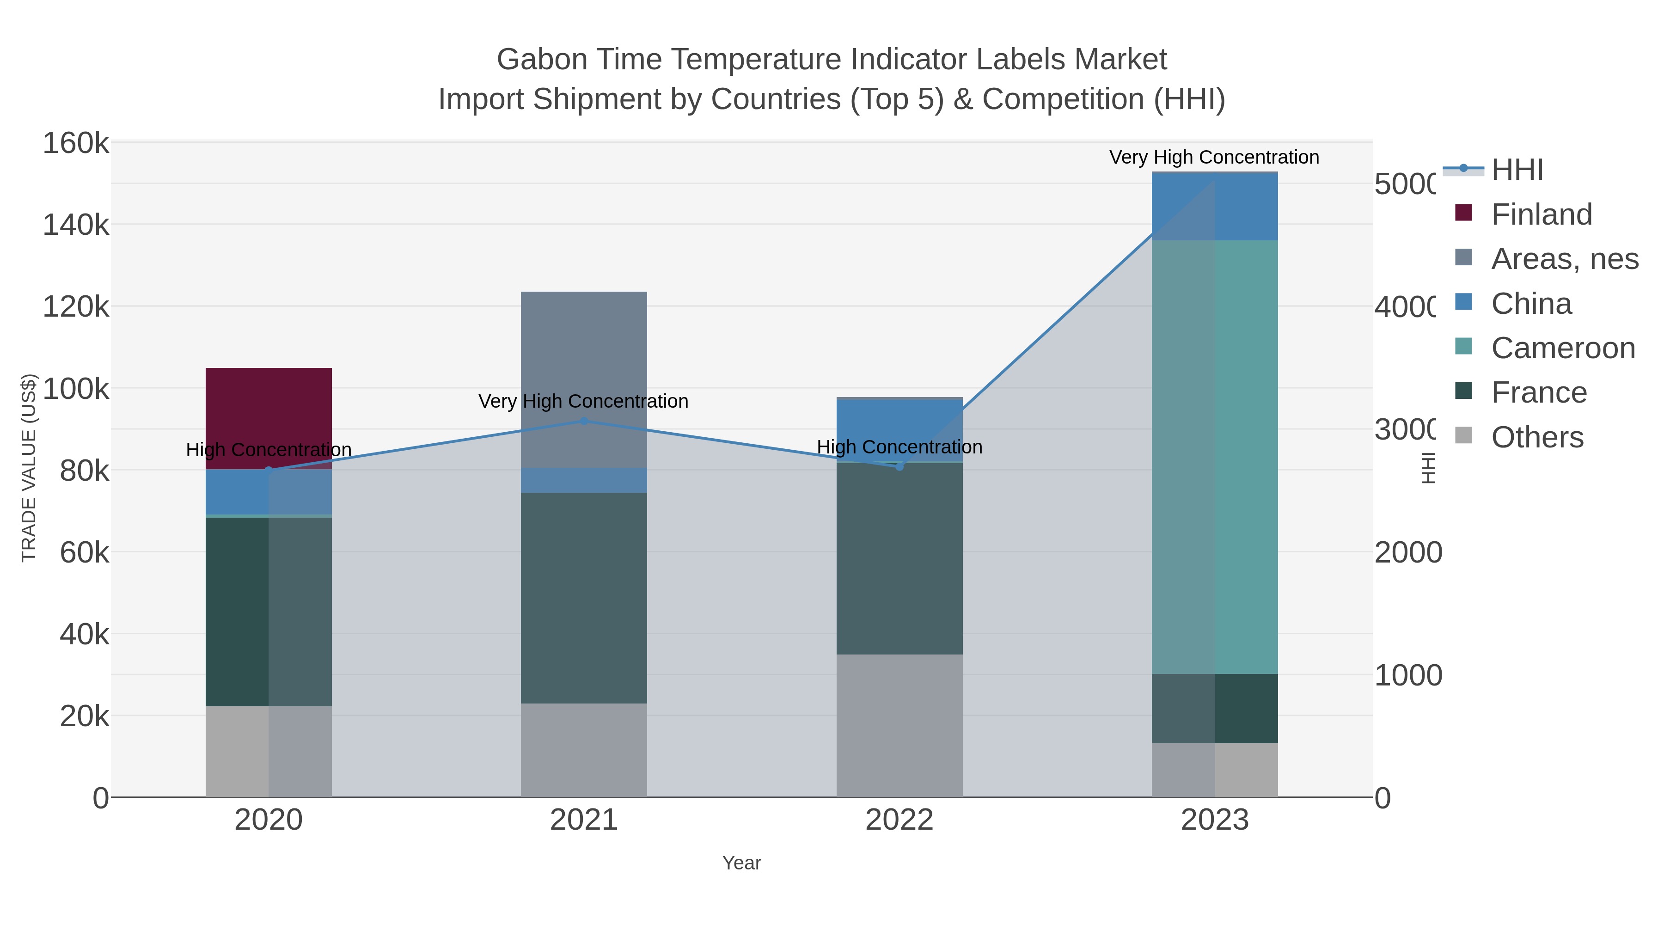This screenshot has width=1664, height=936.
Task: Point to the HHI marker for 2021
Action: click(x=583, y=421)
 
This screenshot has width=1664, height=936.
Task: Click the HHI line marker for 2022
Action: click(x=899, y=466)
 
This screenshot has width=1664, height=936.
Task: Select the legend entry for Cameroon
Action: click(x=1563, y=348)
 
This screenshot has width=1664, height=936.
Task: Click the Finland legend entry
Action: click(x=1541, y=214)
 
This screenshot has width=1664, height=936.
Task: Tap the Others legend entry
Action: click(x=1537, y=437)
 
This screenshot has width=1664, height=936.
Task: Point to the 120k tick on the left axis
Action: click(x=76, y=307)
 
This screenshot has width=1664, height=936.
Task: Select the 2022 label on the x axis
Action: click(x=899, y=820)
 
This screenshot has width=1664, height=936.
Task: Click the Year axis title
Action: click(x=741, y=863)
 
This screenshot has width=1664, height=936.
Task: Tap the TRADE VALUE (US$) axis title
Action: click(x=29, y=468)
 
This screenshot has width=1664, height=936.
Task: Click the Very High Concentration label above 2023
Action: click(x=1214, y=158)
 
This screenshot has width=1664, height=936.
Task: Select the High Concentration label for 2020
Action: click(x=269, y=450)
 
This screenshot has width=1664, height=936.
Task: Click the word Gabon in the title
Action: click(x=539, y=60)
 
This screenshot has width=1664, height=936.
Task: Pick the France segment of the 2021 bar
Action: click(x=583, y=598)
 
